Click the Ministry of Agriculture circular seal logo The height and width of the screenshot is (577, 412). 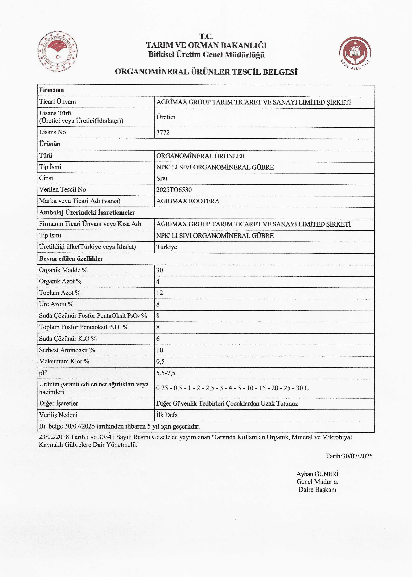click(x=58, y=51)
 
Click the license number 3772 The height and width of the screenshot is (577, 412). click(x=163, y=132)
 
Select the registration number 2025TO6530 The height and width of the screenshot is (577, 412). click(x=174, y=190)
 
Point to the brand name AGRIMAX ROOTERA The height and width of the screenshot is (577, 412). click(x=188, y=201)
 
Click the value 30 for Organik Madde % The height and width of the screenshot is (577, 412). click(x=160, y=270)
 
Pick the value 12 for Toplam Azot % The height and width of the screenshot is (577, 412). click(x=160, y=293)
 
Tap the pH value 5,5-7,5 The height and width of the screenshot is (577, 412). click(x=166, y=373)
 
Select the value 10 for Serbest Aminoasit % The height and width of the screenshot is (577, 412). click(x=160, y=350)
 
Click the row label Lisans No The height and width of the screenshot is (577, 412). click(x=53, y=132)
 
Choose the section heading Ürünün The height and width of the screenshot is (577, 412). click(x=50, y=144)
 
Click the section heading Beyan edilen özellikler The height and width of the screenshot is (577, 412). click(x=71, y=259)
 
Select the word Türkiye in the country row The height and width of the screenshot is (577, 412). click(x=167, y=247)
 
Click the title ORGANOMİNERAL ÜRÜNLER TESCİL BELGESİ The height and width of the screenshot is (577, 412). click(x=206, y=72)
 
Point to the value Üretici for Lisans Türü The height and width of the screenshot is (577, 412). click(x=166, y=117)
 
